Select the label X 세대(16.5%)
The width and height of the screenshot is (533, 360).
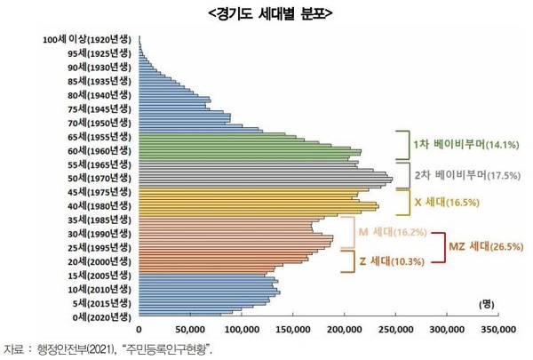tap(447, 202)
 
